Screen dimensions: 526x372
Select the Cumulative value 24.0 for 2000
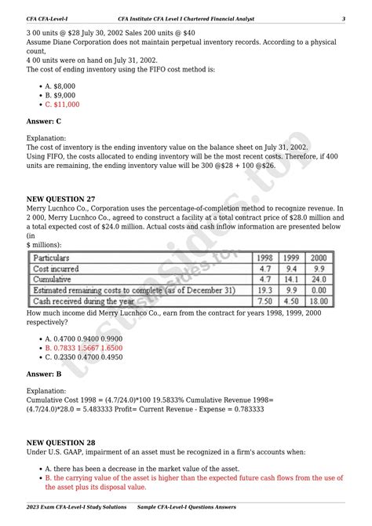[319, 279]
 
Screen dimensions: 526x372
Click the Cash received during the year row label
[78, 301]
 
